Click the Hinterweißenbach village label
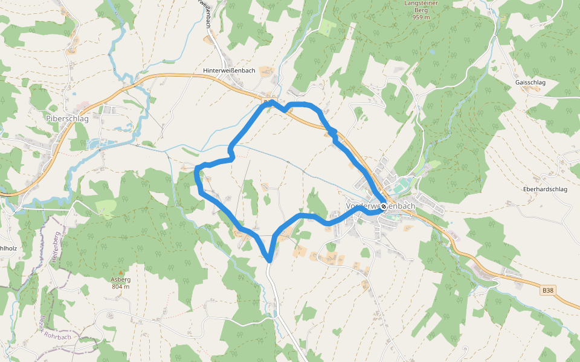click(229, 71)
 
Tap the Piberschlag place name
click(67, 119)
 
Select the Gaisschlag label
click(530, 82)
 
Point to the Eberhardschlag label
click(545, 189)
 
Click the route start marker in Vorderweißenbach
click(384, 206)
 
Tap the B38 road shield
click(547, 290)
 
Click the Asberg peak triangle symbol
click(120, 273)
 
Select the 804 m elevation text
click(120, 287)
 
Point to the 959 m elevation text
click(421, 17)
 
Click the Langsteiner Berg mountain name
click(421, 7)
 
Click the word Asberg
click(120, 280)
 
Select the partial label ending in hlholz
click(8, 248)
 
